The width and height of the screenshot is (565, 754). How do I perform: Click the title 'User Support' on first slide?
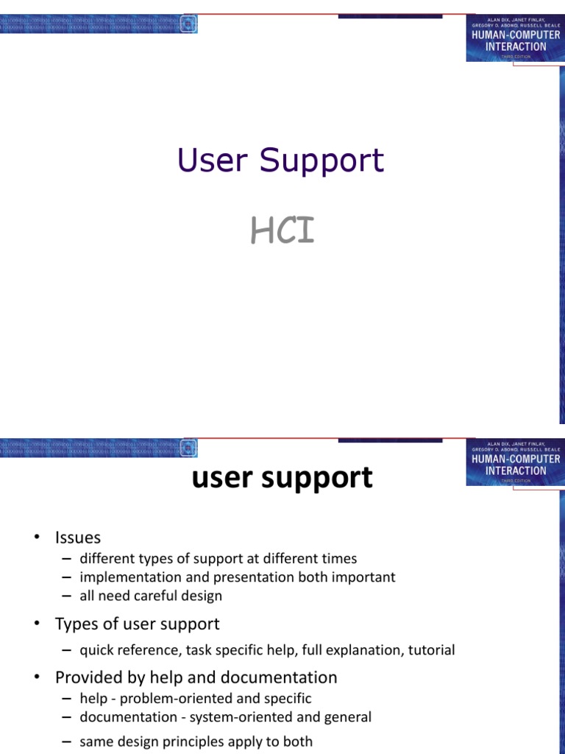click(x=280, y=161)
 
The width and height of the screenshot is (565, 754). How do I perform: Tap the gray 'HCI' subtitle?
click(x=282, y=231)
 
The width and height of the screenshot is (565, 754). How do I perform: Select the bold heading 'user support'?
click(x=282, y=479)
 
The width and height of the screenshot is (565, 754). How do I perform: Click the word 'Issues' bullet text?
click(x=77, y=538)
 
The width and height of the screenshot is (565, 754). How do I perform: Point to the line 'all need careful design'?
click(x=151, y=596)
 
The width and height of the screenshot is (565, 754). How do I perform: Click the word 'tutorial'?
click(x=429, y=650)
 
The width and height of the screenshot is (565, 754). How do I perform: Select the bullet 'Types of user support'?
click(x=137, y=624)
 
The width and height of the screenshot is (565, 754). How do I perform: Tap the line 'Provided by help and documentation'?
click(x=196, y=677)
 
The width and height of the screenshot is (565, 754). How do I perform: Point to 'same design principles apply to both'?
click(x=196, y=741)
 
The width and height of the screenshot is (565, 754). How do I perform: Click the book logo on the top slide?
click(x=515, y=37)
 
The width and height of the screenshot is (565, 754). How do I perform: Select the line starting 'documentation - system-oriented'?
click(x=225, y=716)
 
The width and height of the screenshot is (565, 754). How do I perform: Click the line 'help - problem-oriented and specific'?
click(x=196, y=698)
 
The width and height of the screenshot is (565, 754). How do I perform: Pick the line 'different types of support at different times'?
click(x=218, y=559)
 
